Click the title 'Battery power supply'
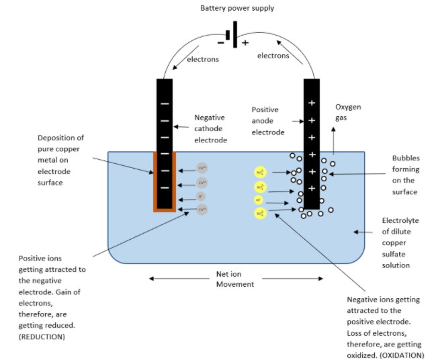point(237,8)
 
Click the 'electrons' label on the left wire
point(202,60)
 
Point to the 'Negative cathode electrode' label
point(210,128)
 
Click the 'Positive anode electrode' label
point(268,121)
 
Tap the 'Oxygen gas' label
point(348,113)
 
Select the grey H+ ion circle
point(201,196)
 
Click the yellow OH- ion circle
point(259,200)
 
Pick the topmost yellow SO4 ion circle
point(260,173)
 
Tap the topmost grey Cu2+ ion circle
point(202,167)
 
